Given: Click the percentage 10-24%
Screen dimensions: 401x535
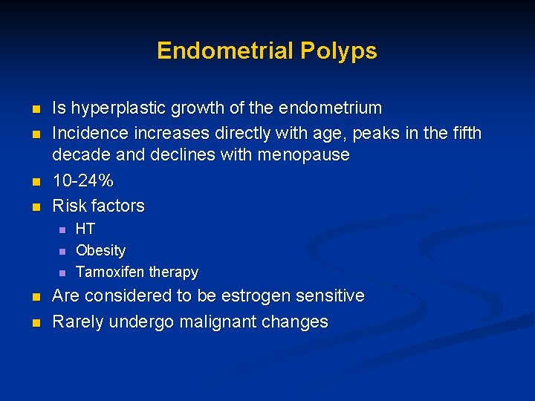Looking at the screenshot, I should [82, 181].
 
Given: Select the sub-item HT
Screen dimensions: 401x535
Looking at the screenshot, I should [85, 229].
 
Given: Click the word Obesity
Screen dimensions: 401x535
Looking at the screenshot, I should [101, 250].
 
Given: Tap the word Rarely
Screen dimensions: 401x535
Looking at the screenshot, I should [78, 322].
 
